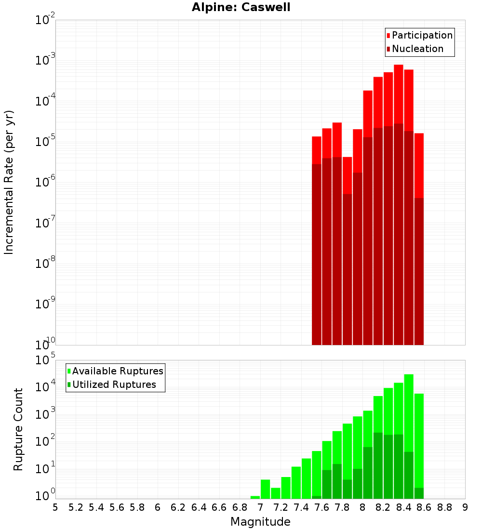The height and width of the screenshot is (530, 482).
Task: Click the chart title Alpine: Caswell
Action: point(241,8)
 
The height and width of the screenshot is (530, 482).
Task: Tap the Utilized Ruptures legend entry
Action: point(114,384)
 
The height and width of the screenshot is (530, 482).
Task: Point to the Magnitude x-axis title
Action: point(260,522)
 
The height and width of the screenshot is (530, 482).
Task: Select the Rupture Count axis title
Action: point(18,429)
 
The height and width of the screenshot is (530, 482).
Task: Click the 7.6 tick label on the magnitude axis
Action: point(322,507)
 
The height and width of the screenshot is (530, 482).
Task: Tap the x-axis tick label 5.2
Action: point(76,507)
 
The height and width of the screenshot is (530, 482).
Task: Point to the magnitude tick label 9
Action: point(465,507)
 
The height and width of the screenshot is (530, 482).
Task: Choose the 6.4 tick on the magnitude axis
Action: point(199,507)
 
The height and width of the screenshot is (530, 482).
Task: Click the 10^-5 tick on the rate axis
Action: point(45,141)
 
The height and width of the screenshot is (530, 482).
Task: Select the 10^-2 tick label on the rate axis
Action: point(45,20)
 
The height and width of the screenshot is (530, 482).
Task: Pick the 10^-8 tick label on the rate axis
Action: point(45,263)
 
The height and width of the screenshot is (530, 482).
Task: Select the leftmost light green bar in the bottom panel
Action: point(255,497)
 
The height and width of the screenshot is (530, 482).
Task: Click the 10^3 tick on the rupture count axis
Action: point(45,414)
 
